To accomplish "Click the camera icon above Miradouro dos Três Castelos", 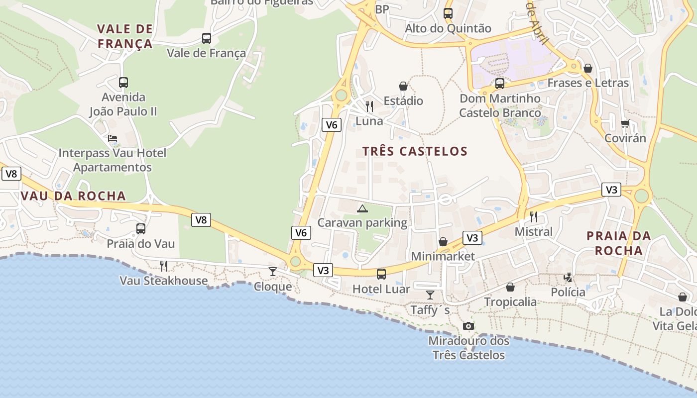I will (x=468, y=326).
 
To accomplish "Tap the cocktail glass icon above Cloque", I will (x=273, y=271).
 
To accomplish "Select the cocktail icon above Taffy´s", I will (x=430, y=295).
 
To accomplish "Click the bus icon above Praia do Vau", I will (x=141, y=229).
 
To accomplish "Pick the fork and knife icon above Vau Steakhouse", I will (x=163, y=266).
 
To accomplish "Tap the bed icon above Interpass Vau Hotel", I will (x=113, y=138).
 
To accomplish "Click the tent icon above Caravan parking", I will (x=362, y=208).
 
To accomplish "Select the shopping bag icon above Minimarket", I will (x=443, y=242).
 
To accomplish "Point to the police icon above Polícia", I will (x=568, y=277).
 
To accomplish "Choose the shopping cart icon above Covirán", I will (x=625, y=123).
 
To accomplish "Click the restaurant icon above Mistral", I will (x=534, y=216).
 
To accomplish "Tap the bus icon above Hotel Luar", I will (x=381, y=274).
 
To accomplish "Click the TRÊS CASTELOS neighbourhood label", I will (x=415, y=151).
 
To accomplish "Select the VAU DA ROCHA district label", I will (x=73, y=196).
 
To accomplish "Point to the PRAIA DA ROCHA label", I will (x=619, y=243).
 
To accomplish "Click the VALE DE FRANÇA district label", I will (x=125, y=36).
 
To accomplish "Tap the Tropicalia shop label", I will (x=510, y=302).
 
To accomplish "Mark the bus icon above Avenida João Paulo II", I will (x=123, y=83).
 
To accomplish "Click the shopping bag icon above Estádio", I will (x=403, y=87).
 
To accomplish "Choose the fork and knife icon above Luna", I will (x=369, y=106).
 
